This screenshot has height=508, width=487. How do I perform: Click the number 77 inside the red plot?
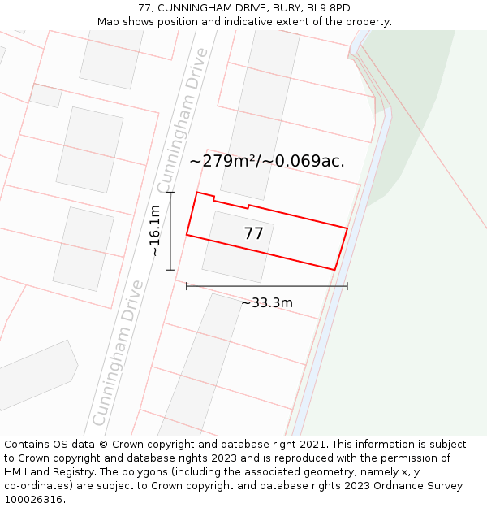(x=253, y=234)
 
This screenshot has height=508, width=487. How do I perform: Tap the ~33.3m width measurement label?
(x=267, y=303)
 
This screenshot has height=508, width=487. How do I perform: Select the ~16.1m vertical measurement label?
(x=155, y=231)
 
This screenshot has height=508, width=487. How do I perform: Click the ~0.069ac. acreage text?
(x=309, y=161)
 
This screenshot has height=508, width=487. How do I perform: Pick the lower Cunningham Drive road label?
(x=118, y=353)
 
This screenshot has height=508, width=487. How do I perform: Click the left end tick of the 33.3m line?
(x=187, y=286)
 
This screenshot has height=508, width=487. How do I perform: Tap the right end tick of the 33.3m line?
(x=347, y=286)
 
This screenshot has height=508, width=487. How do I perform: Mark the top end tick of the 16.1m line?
(x=170, y=193)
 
